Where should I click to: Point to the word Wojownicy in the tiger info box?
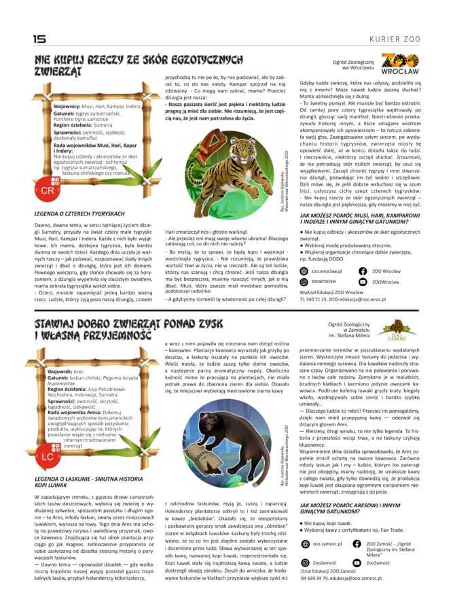[67, 106]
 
